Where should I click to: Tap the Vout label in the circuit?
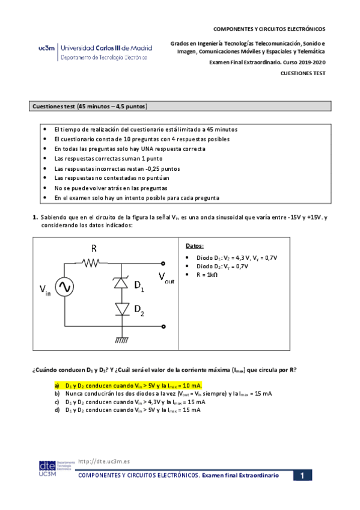[167, 277]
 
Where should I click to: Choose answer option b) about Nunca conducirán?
[162, 393]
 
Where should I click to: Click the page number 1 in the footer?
[304, 476]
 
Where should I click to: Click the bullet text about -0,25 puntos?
[117, 168]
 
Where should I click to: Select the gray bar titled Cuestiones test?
[181, 106]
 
